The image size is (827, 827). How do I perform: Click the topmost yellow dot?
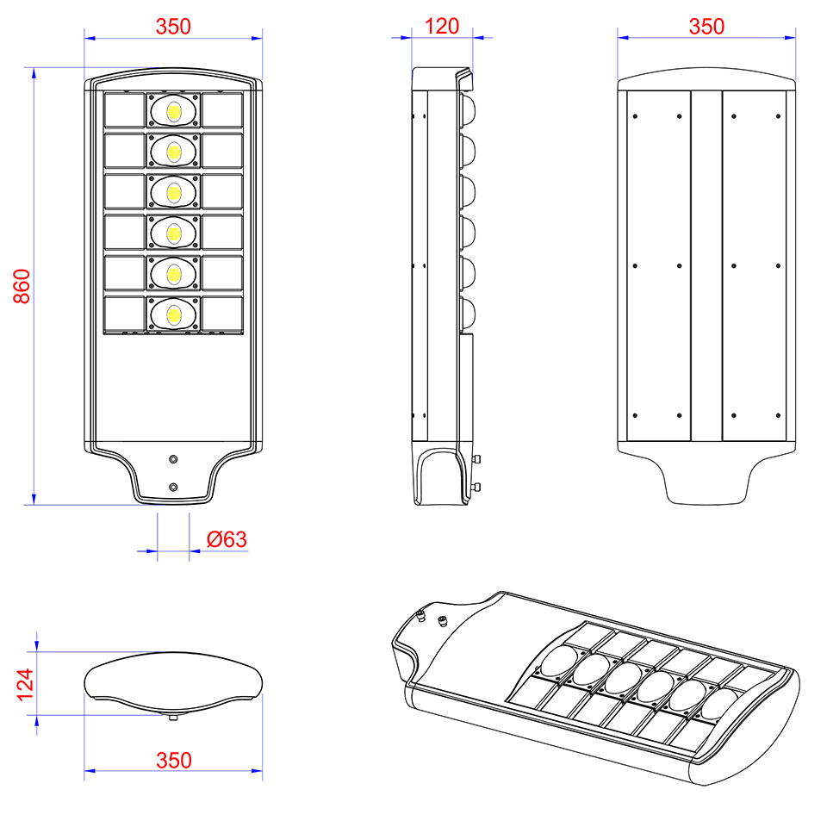[174, 112]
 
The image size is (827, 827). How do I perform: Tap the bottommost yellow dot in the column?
[174, 315]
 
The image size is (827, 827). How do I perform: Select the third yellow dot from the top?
[174, 193]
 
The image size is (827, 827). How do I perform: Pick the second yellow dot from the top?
[174, 152]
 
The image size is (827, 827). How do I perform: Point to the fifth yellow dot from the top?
[174, 275]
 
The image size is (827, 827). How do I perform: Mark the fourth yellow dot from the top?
[174, 233]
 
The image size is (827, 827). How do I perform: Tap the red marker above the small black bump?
[444, 27]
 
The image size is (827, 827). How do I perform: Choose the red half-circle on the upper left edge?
[22, 287]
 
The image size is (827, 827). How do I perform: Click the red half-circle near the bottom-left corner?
[22, 685]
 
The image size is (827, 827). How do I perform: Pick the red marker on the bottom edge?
[173, 753]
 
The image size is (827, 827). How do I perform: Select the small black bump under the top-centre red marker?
[443, 69]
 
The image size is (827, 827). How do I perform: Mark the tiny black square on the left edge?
[20, 501]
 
